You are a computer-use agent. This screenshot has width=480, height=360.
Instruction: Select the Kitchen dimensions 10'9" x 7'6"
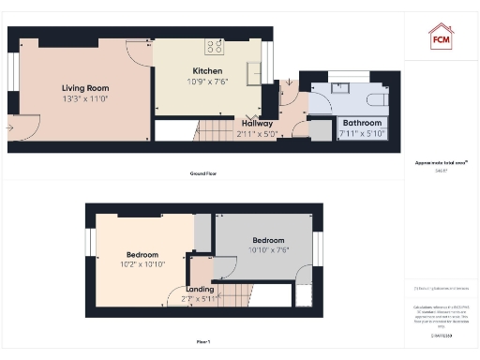click(206, 82)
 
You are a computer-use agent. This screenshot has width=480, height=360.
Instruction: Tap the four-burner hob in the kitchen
click(214, 45)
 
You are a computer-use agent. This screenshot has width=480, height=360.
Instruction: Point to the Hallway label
click(257, 123)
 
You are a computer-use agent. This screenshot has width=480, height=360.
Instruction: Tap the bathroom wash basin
click(340, 88)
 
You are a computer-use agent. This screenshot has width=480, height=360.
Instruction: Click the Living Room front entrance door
click(22, 125)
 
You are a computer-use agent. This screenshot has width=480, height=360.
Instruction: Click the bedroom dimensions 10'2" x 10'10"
click(142, 265)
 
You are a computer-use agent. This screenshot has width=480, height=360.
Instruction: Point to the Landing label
click(200, 289)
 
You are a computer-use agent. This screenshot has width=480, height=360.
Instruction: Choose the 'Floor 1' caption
click(202, 341)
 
